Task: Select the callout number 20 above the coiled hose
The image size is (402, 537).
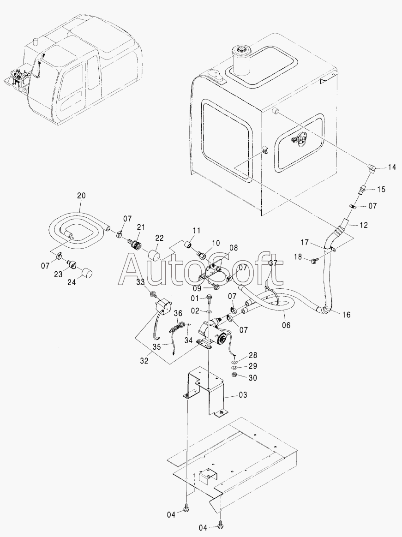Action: point(81,196)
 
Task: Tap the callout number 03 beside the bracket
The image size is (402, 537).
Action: point(242,395)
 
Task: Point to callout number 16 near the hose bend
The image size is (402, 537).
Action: point(347,314)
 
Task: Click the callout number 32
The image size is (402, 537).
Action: point(144,361)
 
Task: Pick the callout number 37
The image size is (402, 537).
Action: point(273,263)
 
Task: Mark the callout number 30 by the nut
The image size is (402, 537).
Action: point(252,378)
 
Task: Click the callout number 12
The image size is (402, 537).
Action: point(364,225)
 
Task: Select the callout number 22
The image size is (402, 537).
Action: point(159,239)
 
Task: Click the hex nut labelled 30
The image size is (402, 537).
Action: point(235,375)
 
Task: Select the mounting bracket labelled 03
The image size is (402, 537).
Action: point(204,391)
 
